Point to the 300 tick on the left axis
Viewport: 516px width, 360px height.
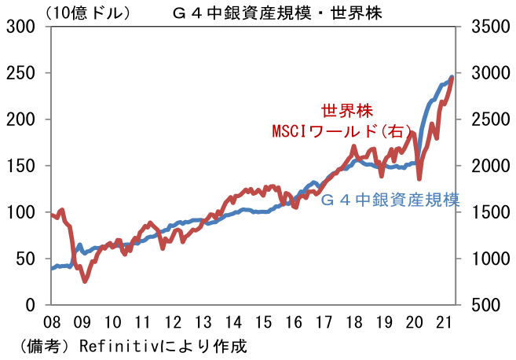click(25, 27)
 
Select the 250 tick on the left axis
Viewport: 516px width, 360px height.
click(25, 73)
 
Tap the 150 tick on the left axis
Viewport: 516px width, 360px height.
click(25, 166)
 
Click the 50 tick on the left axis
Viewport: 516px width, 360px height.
click(29, 259)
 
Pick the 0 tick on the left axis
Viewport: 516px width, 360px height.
click(34, 305)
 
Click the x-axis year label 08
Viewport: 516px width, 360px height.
click(53, 322)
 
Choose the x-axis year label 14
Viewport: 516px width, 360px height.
click(233, 322)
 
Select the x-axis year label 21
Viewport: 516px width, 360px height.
click(444, 322)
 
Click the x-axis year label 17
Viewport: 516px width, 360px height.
click(324, 322)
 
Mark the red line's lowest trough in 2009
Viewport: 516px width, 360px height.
click(84, 281)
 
